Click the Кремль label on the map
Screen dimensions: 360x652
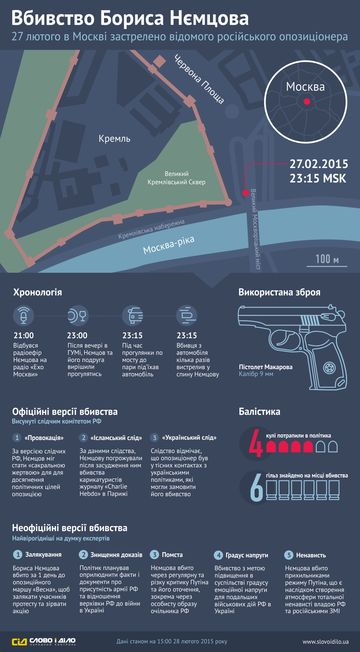(114, 139)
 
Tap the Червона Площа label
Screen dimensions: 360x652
(199, 79)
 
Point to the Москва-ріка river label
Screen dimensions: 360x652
(168, 245)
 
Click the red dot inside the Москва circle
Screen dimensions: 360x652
(307, 101)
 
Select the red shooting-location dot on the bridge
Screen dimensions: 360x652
(246, 193)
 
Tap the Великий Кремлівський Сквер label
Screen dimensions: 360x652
(176, 178)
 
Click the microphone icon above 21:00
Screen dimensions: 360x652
(23, 316)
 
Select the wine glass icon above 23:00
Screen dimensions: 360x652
(82, 316)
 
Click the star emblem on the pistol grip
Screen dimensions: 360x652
(329, 368)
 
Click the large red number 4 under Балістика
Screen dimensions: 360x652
(256, 443)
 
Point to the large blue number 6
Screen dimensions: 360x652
(257, 488)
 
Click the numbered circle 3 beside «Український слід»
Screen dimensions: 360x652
(154, 438)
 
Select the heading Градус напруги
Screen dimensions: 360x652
(247, 555)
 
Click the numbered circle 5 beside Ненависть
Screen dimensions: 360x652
(289, 555)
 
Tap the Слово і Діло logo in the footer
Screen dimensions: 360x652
(44, 641)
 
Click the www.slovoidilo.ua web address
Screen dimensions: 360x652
(325, 642)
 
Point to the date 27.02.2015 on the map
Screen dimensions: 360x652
(319, 164)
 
